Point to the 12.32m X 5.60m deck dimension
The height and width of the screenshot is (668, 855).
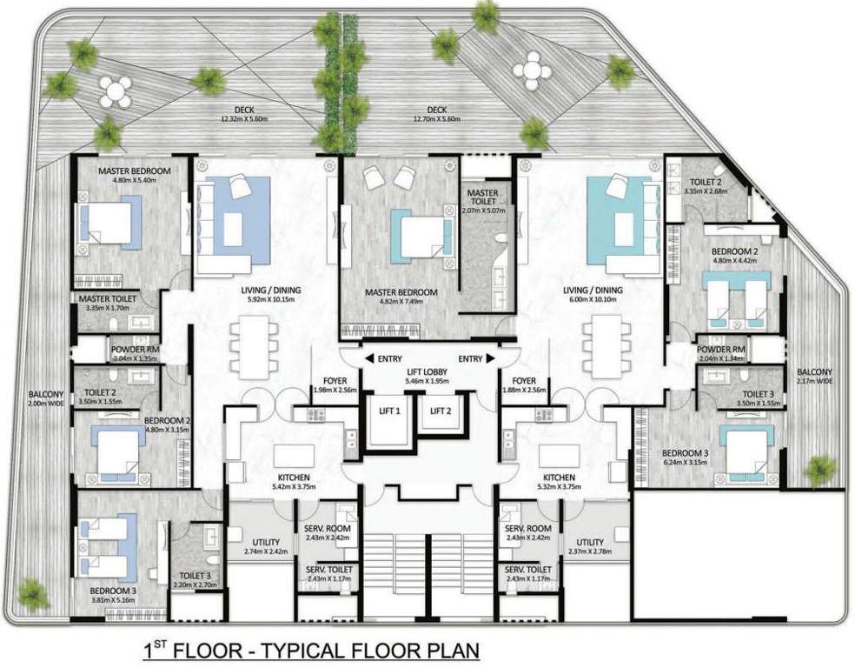click(245, 119)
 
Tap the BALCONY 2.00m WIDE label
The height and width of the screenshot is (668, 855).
click(44, 397)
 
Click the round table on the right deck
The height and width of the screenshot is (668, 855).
click(529, 68)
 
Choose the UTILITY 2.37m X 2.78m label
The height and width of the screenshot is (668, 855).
click(591, 546)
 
